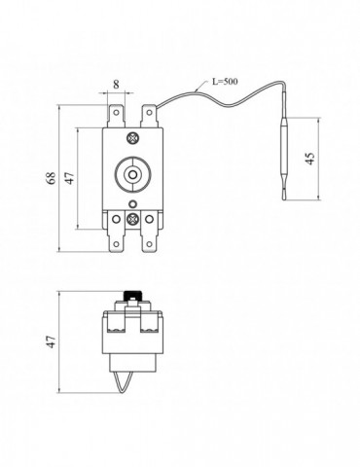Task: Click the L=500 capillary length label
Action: [225, 81]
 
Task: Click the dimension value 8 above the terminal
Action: [116, 85]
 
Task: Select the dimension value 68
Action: [52, 178]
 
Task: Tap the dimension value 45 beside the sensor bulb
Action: [310, 159]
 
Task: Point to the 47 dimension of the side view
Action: [51, 341]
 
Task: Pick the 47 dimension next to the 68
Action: [70, 178]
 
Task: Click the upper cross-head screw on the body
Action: [132, 138]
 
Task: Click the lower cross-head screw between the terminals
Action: [132, 219]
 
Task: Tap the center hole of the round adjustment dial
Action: [132, 175]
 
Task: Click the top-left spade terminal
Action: [116, 116]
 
